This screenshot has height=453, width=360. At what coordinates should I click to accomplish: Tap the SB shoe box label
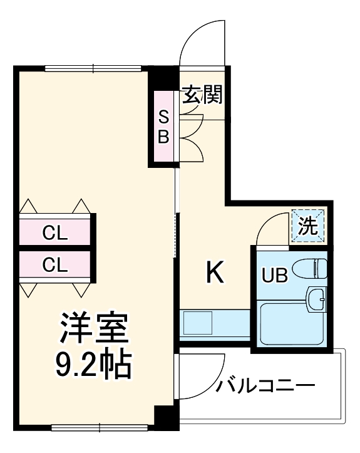click(163, 127)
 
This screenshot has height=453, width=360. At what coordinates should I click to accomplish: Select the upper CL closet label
click(54, 234)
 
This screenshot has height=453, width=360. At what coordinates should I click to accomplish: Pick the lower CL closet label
click(54, 265)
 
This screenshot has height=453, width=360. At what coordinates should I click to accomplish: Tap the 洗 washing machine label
click(308, 226)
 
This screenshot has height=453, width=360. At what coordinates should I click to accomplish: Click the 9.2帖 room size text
click(94, 363)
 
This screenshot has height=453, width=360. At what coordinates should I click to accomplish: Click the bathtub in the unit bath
click(291, 323)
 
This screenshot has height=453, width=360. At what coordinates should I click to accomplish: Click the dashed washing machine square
click(308, 226)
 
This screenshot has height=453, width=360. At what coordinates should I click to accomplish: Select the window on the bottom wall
click(100, 429)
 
